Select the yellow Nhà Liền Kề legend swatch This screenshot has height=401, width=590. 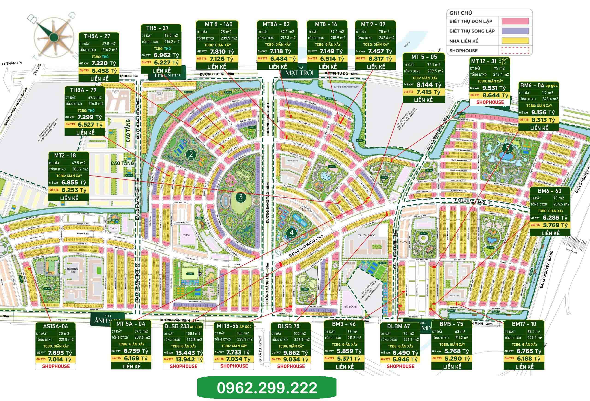coord(515,41)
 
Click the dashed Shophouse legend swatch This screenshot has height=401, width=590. coord(515,51)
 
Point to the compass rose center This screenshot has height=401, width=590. coord(53,36)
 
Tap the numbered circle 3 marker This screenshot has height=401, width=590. coord(240,196)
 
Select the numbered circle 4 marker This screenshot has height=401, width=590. coord(291,232)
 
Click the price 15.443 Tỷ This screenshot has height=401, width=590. coord(188,353)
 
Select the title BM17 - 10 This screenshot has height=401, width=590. coord(524,324)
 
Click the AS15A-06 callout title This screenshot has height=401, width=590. coord(55,326)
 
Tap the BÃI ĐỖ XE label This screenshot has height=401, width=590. coord(350,307)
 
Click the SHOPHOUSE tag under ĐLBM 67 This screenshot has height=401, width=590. coord(400,366)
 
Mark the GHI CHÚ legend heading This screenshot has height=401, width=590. coord(461,13)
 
